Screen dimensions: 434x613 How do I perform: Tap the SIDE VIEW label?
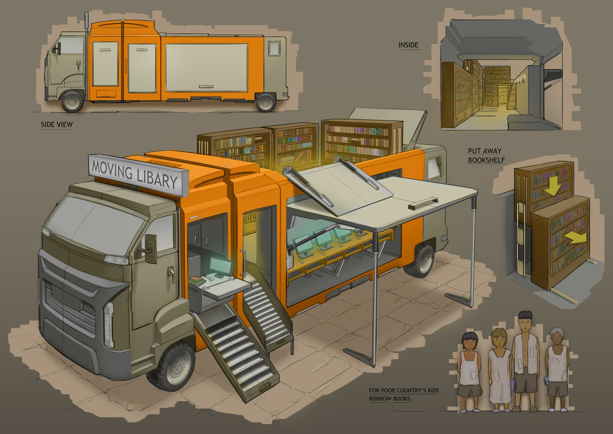click(x=57, y=124)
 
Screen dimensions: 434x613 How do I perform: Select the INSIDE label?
click(x=408, y=45)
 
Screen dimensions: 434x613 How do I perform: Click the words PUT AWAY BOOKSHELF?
click(x=485, y=155)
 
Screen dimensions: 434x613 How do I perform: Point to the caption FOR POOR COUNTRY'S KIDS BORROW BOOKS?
click(x=403, y=394)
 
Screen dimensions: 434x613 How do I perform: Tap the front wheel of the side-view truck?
click(x=72, y=101)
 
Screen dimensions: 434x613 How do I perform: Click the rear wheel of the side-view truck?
click(x=266, y=102)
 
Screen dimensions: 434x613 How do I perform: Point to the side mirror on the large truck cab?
click(x=150, y=248)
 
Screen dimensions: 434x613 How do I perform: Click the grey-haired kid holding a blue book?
click(x=557, y=367)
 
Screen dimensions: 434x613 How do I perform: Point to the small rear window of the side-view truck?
click(x=274, y=48)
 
